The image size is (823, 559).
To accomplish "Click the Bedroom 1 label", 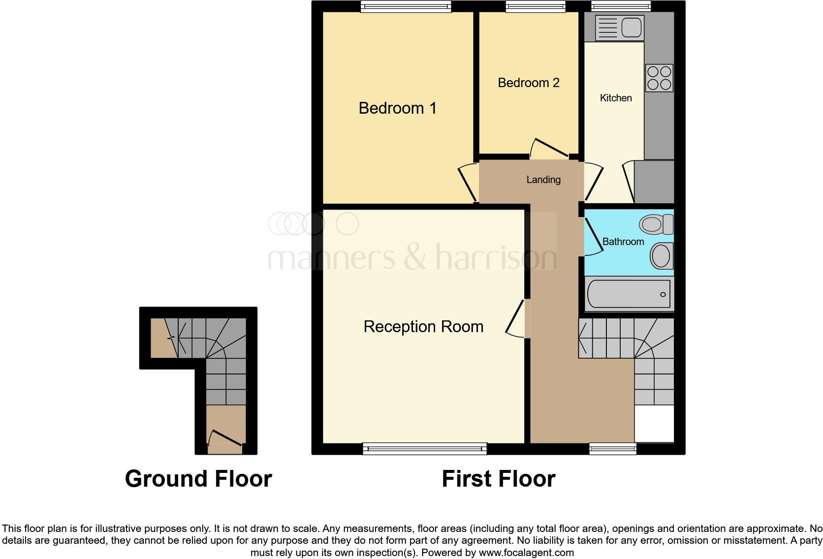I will click(397, 108).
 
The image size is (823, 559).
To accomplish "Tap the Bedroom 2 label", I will click(528, 83).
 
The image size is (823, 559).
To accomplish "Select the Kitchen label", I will click(615, 98).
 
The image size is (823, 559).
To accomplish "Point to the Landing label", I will click(543, 180).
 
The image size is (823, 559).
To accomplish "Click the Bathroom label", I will click(623, 242).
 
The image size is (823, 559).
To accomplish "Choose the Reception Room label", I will click(423, 327).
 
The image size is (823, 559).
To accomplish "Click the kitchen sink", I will click(619, 27).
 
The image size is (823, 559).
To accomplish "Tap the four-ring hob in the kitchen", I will click(659, 78).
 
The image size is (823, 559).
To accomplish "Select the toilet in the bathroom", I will click(656, 224).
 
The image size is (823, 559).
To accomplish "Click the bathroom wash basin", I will click(661, 256).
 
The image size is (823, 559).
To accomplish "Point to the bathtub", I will click(629, 294).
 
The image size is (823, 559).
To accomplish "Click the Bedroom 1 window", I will click(406, 6).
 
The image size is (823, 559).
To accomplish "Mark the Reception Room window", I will click(424, 448).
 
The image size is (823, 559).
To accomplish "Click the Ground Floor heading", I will click(198, 479).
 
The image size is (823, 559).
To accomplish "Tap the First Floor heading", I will click(498, 479).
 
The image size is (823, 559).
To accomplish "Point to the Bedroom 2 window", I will click(535, 6).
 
